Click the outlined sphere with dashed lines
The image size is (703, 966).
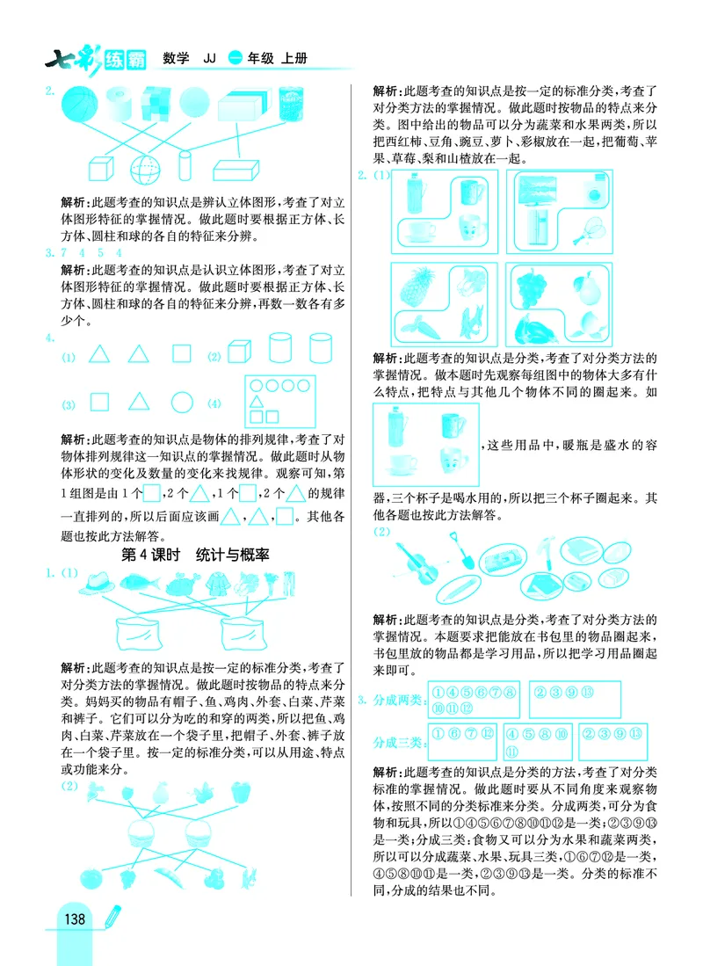[x=142, y=168]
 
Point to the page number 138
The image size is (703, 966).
[x=74, y=919]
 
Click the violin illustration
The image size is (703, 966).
[x=414, y=560]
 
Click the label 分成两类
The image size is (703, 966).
[x=396, y=700]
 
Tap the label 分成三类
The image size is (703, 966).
[x=396, y=744]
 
